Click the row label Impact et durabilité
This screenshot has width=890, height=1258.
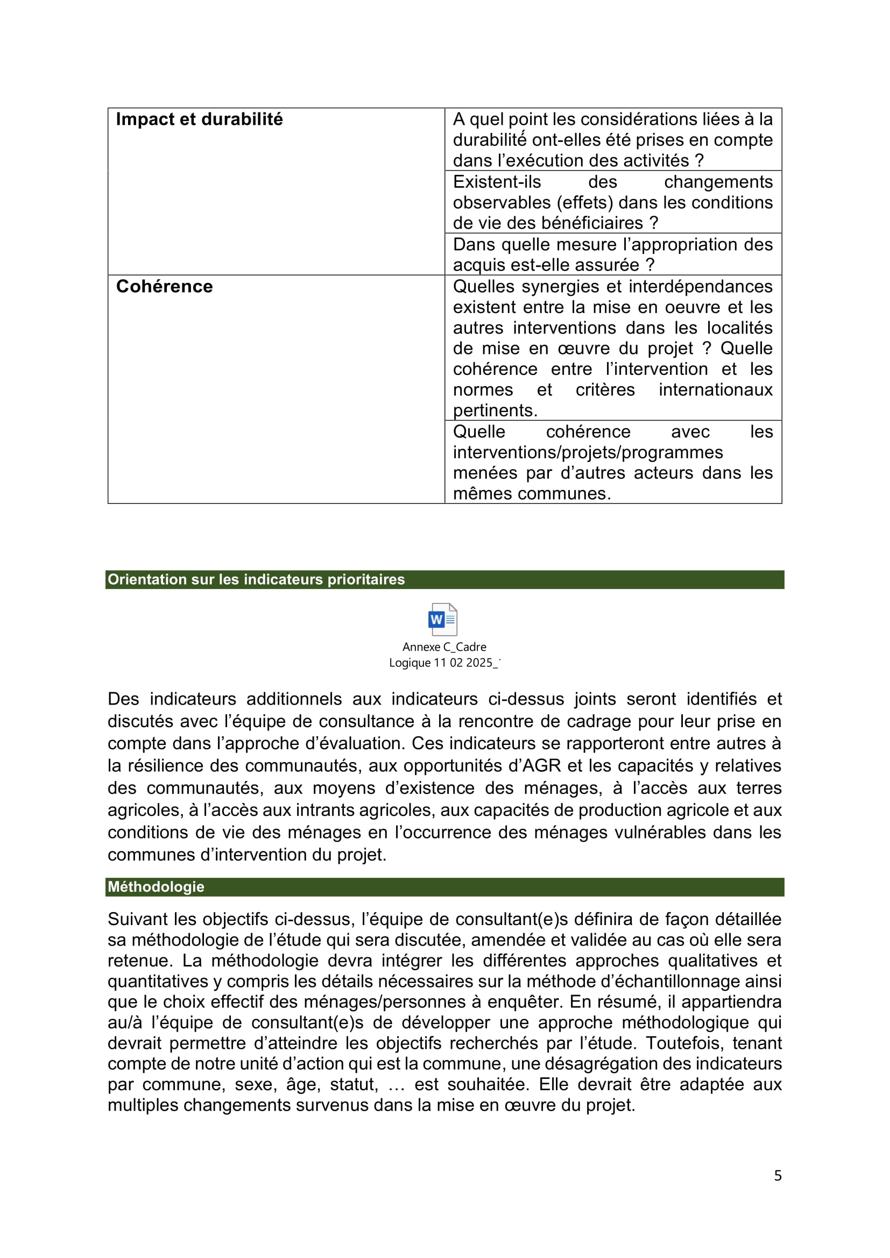click(199, 119)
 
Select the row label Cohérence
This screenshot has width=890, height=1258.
click(165, 287)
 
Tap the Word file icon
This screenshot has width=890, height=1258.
click(443, 619)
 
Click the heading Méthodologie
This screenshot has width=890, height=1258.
click(156, 886)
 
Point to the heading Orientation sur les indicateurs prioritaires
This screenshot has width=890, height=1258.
click(256, 579)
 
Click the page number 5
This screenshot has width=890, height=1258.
click(778, 1175)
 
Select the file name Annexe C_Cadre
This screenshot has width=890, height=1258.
click(444, 647)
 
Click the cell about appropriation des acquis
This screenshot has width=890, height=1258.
click(613, 255)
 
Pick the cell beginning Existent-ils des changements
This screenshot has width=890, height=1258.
click(613, 202)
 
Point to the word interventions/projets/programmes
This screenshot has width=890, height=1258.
click(588, 452)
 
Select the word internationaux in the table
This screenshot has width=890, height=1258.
click(716, 389)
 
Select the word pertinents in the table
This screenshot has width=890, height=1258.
click(495, 410)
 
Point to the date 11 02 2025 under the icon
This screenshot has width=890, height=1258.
click(463, 663)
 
